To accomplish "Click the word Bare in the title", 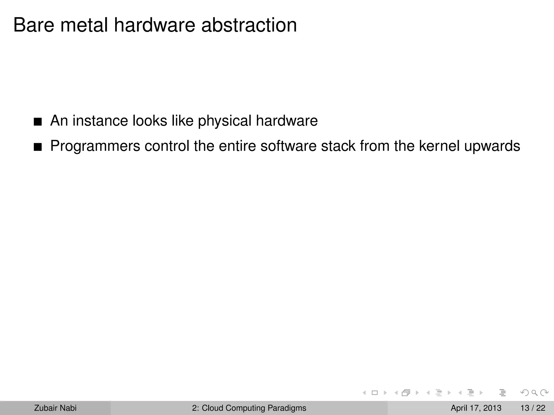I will point(34,25).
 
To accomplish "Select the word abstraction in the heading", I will point(249,25).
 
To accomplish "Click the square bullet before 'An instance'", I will point(38,122).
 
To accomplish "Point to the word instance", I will point(100,121).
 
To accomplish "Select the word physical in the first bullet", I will point(225,121).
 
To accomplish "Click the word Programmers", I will point(95,146).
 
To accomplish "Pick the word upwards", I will point(492,146).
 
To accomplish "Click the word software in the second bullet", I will point(288,146).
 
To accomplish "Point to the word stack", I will point(338,146).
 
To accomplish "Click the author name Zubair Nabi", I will point(55,408).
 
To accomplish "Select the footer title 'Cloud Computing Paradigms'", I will point(254,408).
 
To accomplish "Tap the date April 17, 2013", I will point(476,408).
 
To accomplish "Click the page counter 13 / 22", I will point(533,408).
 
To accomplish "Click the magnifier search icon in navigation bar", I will point(534,393).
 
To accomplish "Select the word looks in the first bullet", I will point(150,121).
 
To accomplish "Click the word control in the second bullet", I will point(167,146).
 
